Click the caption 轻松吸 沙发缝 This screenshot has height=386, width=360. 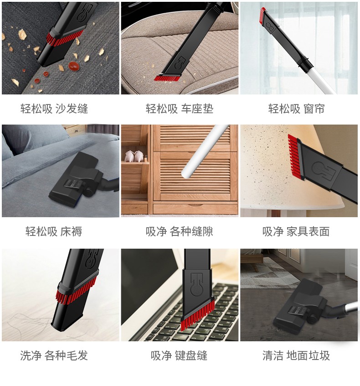[54, 109]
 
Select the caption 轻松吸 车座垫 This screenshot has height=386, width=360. [180, 109]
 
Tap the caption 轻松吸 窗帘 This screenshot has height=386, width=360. [296, 109]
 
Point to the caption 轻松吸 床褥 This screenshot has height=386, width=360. [54, 231]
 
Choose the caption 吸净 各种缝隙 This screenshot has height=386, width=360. [179, 231]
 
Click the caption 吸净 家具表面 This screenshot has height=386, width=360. [296, 231]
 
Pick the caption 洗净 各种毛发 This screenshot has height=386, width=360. [54, 355]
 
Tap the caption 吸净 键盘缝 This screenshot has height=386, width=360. [179, 355]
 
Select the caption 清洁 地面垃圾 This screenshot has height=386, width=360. [296, 355]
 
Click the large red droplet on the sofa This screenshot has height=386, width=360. [74, 66]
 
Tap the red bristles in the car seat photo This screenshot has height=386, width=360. [167, 78]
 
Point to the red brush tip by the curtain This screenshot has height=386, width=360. [262, 14]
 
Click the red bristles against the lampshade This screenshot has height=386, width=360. [295, 155]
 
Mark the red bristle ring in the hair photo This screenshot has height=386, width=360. [77, 291]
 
